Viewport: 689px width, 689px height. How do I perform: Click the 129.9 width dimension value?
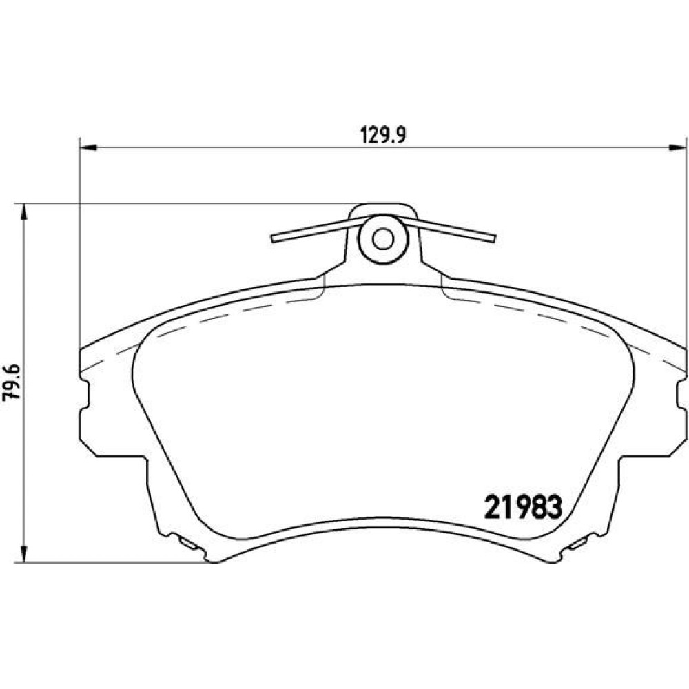click(x=383, y=135)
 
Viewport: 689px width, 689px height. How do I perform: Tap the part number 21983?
click(x=523, y=506)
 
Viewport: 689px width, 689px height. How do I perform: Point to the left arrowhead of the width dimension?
click(x=88, y=147)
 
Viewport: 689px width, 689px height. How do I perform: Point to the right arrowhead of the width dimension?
click(x=677, y=147)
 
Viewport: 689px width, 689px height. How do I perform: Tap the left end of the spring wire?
click(x=273, y=238)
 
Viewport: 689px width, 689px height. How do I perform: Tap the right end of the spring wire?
click(x=494, y=238)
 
